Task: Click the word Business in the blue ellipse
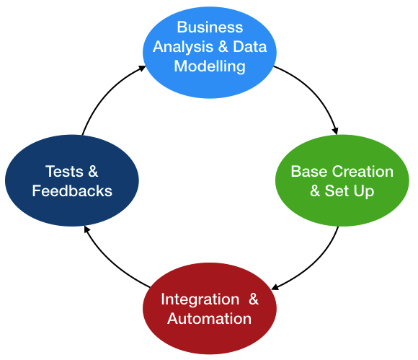coord(210,27)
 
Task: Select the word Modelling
coord(210,66)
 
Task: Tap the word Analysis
coord(183,48)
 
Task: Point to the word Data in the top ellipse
coord(250,47)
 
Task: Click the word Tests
coord(64,171)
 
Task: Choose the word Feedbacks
coord(72,191)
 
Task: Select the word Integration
coord(200,299)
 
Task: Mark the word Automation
coord(209,319)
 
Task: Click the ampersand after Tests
coord(93,171)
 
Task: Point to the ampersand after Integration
coord(254,299)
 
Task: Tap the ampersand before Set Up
coord(315,191)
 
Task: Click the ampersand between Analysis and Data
coord(223,47)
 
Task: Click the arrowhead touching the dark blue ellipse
coord(86,229)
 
